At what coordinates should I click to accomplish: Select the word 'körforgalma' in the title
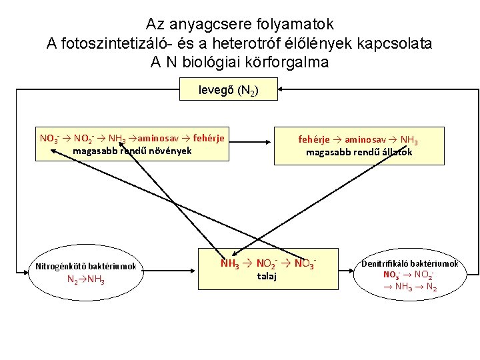[279, 63]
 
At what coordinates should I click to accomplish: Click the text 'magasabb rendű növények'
[132, 151]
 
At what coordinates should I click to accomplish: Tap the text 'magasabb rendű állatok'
[359, 152]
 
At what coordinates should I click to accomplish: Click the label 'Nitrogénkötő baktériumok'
[86, 267]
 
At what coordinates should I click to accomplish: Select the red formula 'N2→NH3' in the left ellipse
[85, 279]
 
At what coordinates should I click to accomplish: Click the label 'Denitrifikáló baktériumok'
[410, 263]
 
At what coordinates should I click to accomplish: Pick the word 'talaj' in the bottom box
[267, 275]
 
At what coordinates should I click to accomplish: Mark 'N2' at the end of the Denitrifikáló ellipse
[431, 287]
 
